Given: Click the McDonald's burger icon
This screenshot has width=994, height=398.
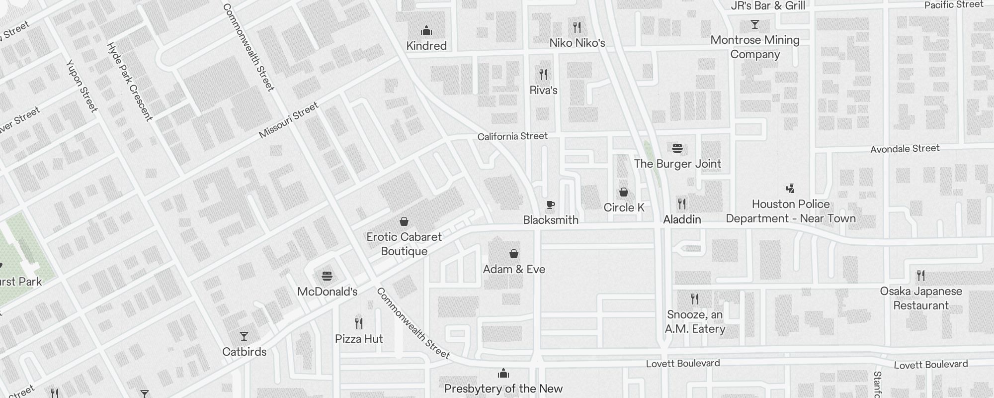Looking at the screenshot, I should [327, 276].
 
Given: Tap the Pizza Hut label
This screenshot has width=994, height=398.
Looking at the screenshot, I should [359, 339].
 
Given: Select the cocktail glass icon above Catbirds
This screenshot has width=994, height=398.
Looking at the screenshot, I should [244, 336].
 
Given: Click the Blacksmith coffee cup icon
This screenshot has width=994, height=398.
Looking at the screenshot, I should [550, 204].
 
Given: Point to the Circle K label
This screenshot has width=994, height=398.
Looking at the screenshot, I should [624, 207].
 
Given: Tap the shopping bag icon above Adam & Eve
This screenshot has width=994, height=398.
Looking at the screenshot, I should [514, 254].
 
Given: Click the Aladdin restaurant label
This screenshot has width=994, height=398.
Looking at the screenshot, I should [682, 219].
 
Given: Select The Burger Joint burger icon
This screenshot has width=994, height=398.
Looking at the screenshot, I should [677, 148].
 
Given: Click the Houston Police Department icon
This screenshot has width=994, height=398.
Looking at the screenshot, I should [790, 189].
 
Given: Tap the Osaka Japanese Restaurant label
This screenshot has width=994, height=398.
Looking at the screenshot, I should [921, 298].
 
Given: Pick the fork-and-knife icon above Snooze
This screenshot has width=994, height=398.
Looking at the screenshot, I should [695, 299].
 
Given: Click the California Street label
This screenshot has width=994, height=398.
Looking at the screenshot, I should [512, 136].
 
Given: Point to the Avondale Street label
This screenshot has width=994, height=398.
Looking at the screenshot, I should [905, 149].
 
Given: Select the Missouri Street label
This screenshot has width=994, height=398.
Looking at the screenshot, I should [288, 120].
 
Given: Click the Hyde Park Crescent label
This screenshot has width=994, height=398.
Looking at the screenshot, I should [129, 82].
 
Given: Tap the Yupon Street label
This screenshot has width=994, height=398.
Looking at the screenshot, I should [82, 86].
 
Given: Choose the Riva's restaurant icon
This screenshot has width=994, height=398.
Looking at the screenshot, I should [543, 75].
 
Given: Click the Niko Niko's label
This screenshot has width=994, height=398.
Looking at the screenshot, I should [577, 43].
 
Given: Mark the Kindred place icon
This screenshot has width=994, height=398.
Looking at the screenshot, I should [426, 31].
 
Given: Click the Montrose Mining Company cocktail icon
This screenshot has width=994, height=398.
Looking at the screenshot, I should [755, 24].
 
